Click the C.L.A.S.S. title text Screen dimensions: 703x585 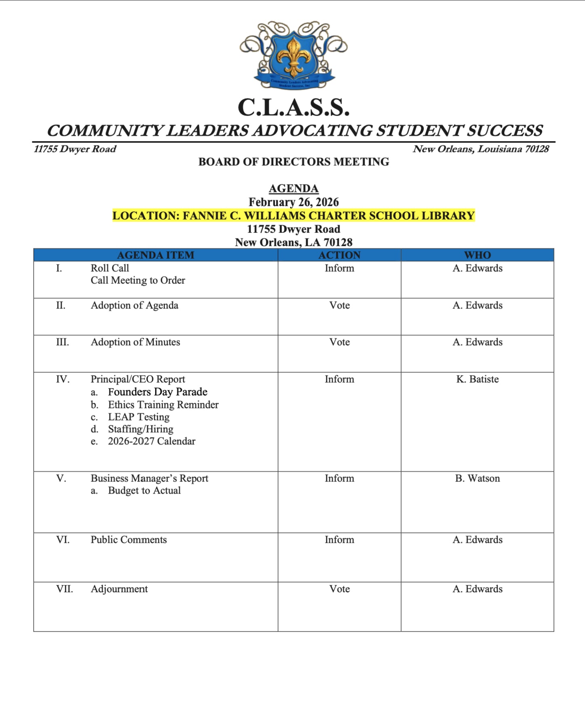point(294,108)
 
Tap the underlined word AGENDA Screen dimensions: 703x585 point(294,188)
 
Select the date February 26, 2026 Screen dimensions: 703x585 point(294,202)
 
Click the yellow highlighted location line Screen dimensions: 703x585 point(294,215)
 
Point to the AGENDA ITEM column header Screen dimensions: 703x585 point(156,255)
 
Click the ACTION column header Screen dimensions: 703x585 point(339,255)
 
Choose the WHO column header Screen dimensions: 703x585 point(477,255)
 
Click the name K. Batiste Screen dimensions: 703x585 point(477,379)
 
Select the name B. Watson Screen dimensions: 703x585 point(477,478)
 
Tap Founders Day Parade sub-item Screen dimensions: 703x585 point(158,392)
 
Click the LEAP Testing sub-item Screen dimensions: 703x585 point(139,417)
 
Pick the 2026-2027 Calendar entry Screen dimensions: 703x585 point(152,441)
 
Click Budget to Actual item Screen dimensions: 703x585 point(144,490)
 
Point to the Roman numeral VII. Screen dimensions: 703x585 point(64,589)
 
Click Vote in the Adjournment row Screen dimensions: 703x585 point(339,589)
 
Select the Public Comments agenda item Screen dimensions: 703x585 point(129,540)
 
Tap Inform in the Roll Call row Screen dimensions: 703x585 point(339,268)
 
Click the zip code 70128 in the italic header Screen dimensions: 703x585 point(536,149)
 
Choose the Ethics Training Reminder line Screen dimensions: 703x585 point(163,405)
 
